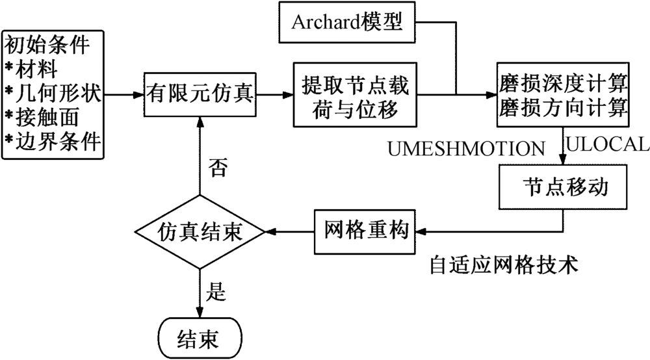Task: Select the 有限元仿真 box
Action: tap(199, 95)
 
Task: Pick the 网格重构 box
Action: tap(367, 231)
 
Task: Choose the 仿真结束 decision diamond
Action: tap(199, 231)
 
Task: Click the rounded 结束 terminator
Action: tap(199, 337)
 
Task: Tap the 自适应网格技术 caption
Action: tap(504, 266)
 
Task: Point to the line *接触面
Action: tap(45, 116)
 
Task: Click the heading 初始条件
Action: tap(48, 46)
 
